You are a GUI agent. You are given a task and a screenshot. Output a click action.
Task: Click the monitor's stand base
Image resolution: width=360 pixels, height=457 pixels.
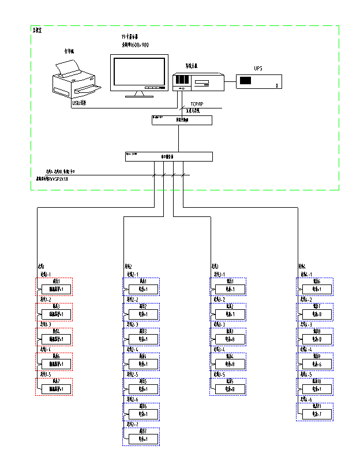pyautogui.click(x=140, y=94)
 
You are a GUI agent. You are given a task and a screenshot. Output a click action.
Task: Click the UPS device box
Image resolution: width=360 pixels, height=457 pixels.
pyautogui.click(x=259, y=81)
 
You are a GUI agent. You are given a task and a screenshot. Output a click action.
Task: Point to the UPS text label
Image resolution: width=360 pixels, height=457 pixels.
pyautogui.click(x=258, y=69)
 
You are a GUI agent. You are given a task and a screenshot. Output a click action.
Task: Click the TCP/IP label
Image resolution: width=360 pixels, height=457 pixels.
pyautogui.click(x=197, y=104)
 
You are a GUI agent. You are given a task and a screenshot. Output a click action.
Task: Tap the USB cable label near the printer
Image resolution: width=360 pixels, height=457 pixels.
pyautogui.click(x=79, y=104)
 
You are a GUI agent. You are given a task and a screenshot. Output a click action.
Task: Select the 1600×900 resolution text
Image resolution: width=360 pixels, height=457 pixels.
pyautogui.click(x=135, y=44)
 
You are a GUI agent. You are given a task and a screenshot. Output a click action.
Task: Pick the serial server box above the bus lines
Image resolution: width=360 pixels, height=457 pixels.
pyautogui.click(x=168, y=156)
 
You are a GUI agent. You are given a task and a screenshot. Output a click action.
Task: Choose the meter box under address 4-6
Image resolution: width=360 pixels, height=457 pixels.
pyautogui.click(x=316, y=413)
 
